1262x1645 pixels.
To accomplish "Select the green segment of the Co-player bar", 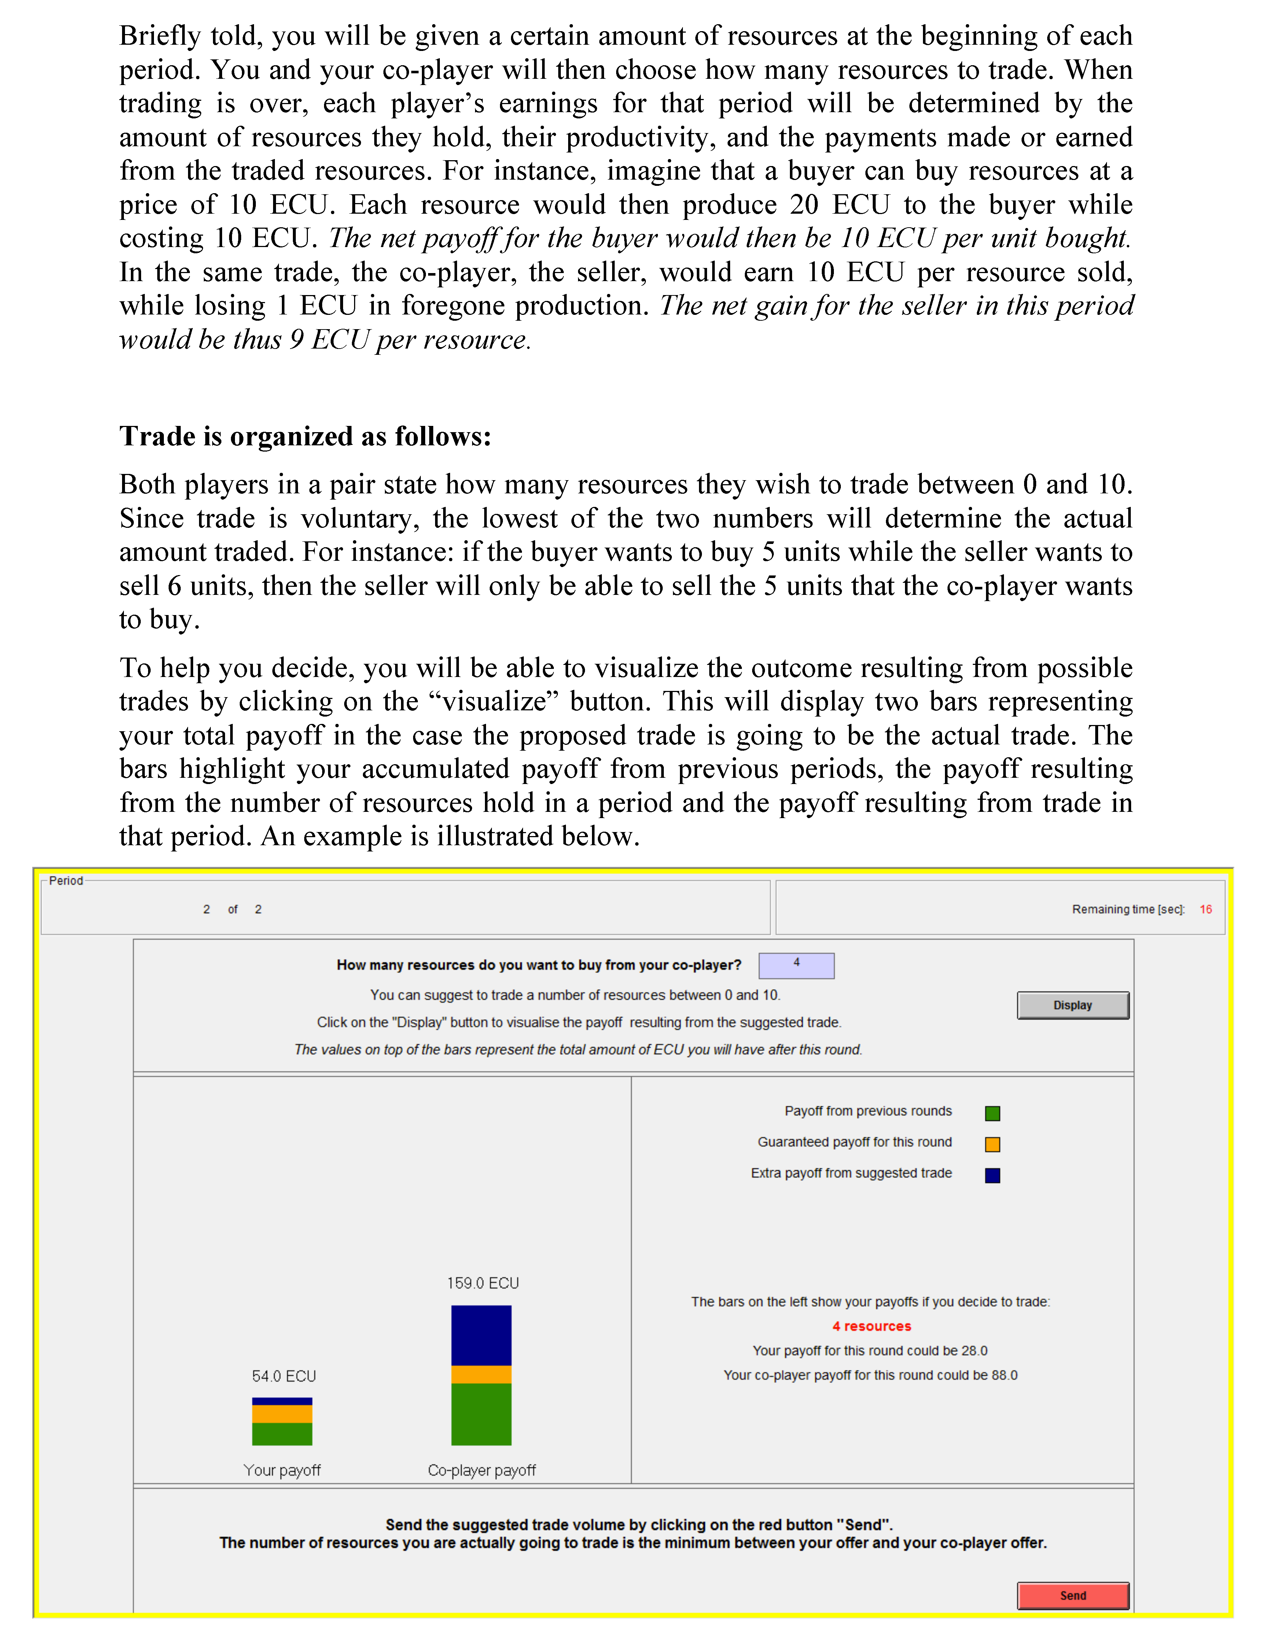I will click(x=481, y=1414).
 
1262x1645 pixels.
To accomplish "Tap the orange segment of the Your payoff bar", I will click(x=282, y=1414).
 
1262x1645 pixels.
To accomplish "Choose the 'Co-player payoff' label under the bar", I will click(x=482, y=1470).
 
